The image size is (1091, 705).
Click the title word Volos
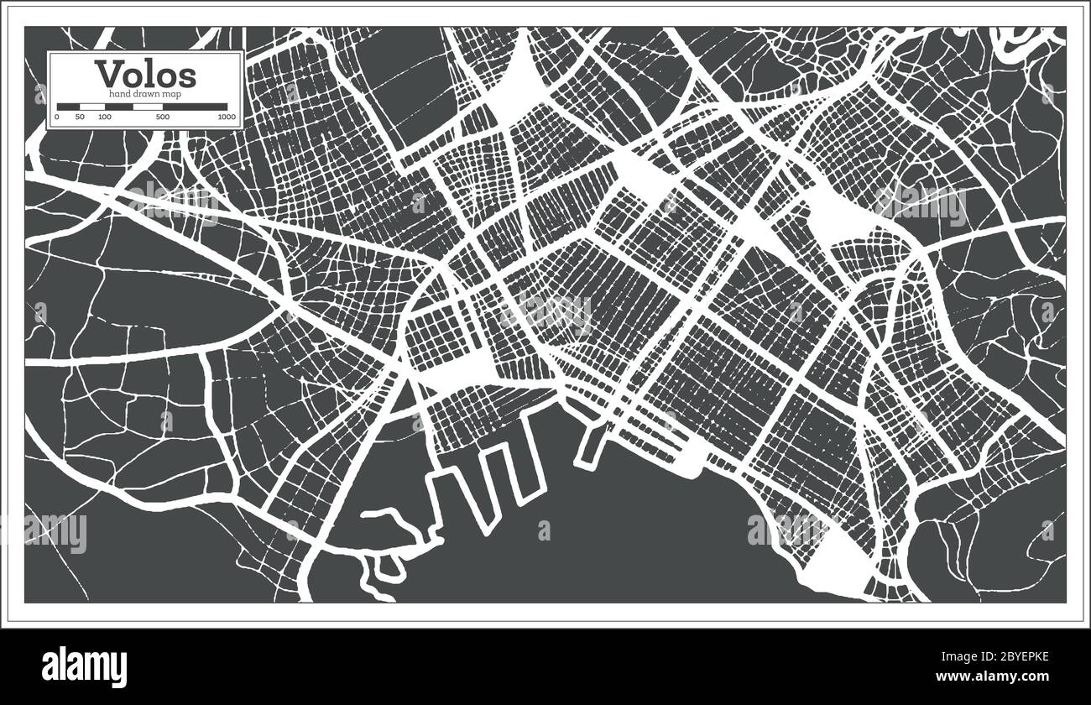145,74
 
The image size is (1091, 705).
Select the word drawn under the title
145,93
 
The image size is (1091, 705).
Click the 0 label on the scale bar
57,117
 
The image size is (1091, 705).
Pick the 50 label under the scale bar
80,117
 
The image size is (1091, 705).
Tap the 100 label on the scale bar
104,117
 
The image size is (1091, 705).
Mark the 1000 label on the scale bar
226,117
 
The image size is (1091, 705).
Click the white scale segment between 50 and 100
92,107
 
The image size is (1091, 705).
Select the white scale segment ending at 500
135,107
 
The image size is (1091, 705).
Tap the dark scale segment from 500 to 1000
196,107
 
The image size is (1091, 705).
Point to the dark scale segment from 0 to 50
68,107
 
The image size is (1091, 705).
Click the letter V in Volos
106,74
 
